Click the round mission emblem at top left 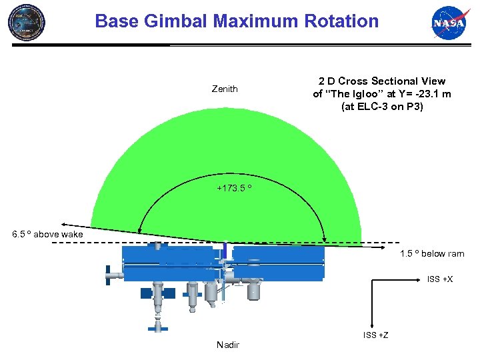tap(27, 21)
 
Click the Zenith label tap(225, 89)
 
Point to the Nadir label tap(228, 345)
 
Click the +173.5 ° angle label tap(234, 189)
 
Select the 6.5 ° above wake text tap(48, 234)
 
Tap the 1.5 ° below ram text tap(432, 254)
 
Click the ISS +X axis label tap(440, 279)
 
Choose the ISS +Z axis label tap(376, 335)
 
